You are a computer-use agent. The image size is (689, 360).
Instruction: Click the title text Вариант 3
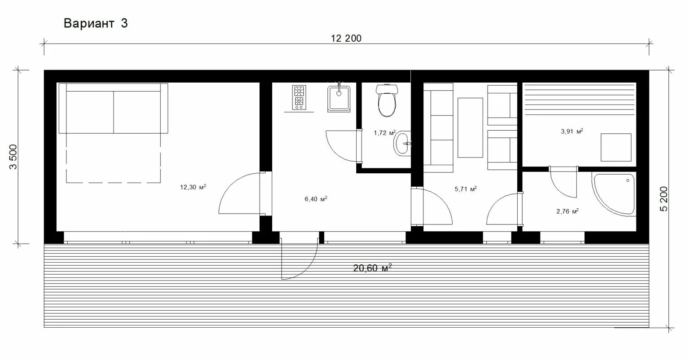click(96, 23)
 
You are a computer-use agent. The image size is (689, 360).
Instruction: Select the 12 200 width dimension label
click(346, 39)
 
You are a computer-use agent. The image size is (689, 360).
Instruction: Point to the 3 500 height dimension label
click(13, 157)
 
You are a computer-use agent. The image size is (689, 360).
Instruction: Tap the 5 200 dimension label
click(664, 199)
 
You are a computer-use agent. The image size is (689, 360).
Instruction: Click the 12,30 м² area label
click(193, 187)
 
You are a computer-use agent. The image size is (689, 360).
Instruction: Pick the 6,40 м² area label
click(316, 199)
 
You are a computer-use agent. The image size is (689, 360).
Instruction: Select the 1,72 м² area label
click(384, 132)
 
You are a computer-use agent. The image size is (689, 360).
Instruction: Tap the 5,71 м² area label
click(466, 189)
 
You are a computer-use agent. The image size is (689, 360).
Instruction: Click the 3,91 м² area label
click(572, 132)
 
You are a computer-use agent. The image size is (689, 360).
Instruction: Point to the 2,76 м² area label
click(567, 211)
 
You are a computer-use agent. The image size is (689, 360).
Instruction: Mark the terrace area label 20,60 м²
click(372, 268)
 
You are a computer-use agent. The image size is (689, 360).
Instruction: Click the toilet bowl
click(387, 101)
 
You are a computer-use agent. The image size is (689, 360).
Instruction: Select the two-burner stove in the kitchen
click(299, 97)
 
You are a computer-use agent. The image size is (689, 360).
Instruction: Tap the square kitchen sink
click(339, 98)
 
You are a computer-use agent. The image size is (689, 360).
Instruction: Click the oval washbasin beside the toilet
click(402, 144)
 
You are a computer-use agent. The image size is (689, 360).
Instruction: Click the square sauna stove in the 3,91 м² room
click(616, 147)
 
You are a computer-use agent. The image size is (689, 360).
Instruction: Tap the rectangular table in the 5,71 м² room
click(470, 127)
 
